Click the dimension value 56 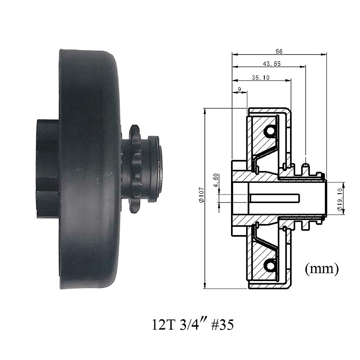[279, 51]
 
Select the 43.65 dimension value [271, 64]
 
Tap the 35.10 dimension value [261, 77]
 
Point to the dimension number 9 [239, 89]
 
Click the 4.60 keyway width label [216, 180]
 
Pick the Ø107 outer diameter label [202, 195]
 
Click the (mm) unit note [322, 269]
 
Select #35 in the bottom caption [222, 325]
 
